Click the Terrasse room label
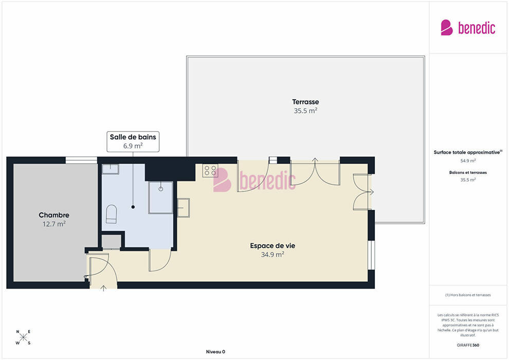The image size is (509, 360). coord(305,102)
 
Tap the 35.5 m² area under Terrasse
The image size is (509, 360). coord(305,111)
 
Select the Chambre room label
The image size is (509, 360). coord(54,215)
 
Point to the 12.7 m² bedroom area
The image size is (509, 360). coord(54,224)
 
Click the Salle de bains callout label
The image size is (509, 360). coord(133,137)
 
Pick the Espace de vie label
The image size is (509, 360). coord(272,246)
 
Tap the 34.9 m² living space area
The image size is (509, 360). coord(272,255)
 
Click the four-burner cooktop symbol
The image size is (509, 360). coord(210,170)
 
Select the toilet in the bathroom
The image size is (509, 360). coord(111,214)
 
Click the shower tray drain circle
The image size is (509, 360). coord(161,189)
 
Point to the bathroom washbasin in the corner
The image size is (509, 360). coord(111,169)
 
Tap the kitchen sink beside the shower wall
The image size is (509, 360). coord(184,207)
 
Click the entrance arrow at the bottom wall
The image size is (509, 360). coord(103,288)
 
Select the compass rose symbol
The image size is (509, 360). coord(23,337)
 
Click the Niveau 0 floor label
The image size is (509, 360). coord(215,352)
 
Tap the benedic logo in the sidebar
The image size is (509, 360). coord(468,28)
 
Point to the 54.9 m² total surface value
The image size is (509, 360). coord(468,160)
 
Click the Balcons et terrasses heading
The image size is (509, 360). coord(468,172)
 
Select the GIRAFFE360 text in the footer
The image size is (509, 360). coord(468,345)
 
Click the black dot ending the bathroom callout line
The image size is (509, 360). coord(133,207)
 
